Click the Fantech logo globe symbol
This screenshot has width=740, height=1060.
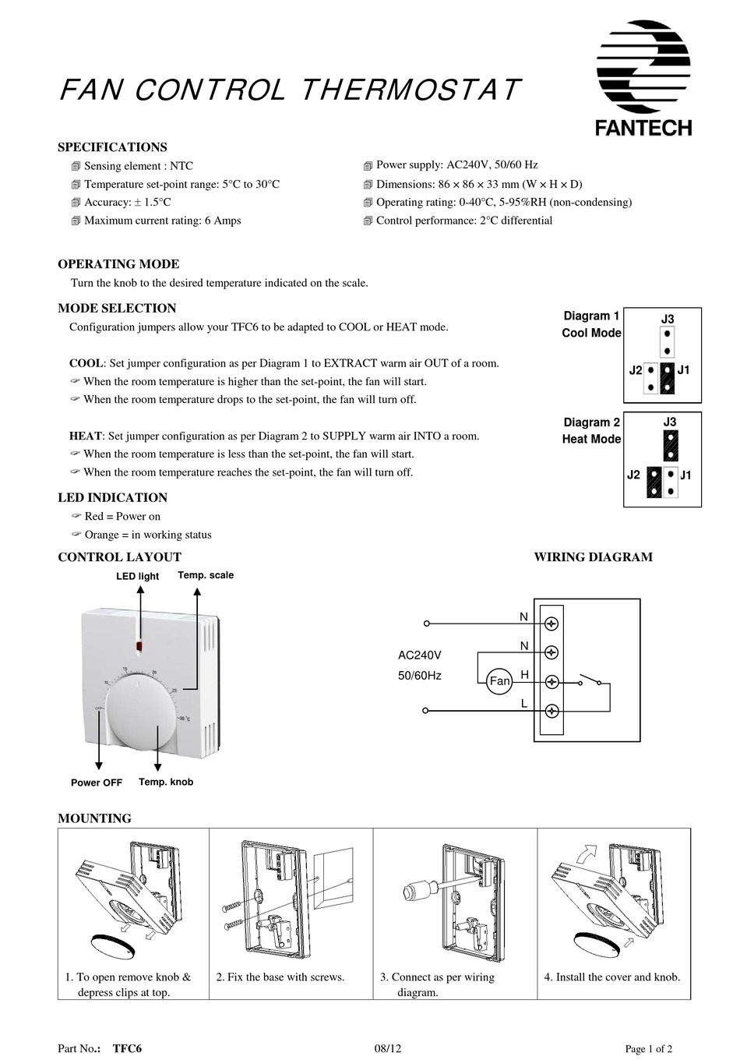click(x=643, y=66)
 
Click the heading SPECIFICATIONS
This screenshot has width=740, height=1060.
click(x=112, y=147)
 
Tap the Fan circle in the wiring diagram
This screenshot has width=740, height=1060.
click(x=499, y=681)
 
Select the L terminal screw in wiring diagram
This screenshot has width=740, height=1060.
click(x=552, y=711)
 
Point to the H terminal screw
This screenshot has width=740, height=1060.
click(x=552, y=682)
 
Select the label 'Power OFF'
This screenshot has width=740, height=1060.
click(x=97, y=783)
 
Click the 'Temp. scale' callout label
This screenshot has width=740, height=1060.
click(x=206, y=575)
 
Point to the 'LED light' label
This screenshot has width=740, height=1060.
click(x=138, y=576)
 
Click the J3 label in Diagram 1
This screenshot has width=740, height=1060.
click(x=668, y=320)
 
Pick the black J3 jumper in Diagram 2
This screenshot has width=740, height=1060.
click(x=670, y=445)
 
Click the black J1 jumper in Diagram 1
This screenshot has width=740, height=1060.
click(x=667, y=378)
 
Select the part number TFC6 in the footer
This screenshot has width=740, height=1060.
click(x=127, y=1048)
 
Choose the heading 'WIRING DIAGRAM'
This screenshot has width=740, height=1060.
click(x=593, y=557)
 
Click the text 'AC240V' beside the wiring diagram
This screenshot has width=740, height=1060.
click(x=420, y=655)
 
